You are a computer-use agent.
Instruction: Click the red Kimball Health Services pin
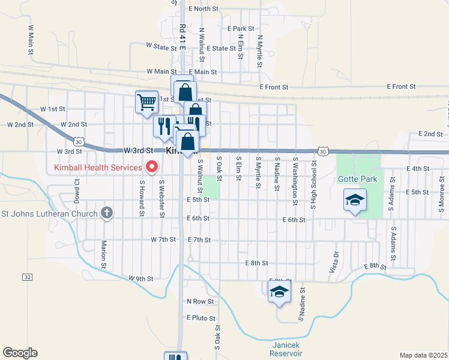[x=152, y=167]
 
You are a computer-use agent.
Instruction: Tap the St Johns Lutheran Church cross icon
[x=107, y=212]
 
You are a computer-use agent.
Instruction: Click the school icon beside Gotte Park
[x=355, y=200]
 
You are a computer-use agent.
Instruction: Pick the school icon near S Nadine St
[x=280, y=292]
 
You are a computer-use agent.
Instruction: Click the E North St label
[x=203, y=9]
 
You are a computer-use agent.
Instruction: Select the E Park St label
[x=241, y=28]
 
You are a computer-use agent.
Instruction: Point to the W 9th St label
[x=141, y=278]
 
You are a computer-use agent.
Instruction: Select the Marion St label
[x=103, y=254]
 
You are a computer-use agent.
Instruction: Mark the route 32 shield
[x=28, y=277]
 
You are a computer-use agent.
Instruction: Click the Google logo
[x=20, y=353]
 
